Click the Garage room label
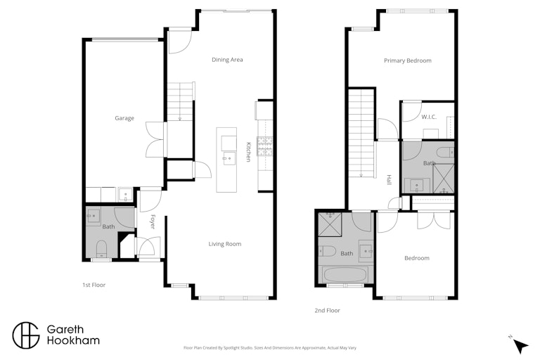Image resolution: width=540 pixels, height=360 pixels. (x=124, y=118)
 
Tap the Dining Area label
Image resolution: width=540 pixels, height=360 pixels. (x=227, y=60)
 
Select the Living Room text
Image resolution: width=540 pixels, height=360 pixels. (x=225, y=244)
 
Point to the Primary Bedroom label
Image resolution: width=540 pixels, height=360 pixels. (x=408, y=60)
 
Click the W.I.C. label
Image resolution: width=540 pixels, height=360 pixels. (x=429, y=117)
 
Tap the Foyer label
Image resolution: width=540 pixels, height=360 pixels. (x=153, y=221)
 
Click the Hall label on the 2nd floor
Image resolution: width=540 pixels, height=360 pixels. (x=389, y=179)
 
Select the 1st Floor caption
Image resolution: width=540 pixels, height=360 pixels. (x=94, y=285)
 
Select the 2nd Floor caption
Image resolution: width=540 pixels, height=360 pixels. (x=327, y=310)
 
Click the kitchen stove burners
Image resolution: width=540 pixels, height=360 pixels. (x=264, y=146)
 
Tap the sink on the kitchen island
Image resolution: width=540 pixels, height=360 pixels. (x=228, y=158)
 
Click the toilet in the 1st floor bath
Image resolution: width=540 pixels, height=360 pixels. (x=101, y=249)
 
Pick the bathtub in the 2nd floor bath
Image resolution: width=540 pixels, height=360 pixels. (x=345, y=275)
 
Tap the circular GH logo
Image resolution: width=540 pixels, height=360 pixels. (x=26, y=335)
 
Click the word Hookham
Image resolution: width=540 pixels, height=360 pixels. (x=73, y=341)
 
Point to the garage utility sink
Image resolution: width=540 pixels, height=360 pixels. (x=125, y=195)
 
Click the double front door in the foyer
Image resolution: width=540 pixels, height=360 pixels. (x=149, y=246)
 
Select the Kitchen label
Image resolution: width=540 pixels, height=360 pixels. (x=249, y=152)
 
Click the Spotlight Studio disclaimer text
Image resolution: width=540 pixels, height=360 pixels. (x=270, y=348)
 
